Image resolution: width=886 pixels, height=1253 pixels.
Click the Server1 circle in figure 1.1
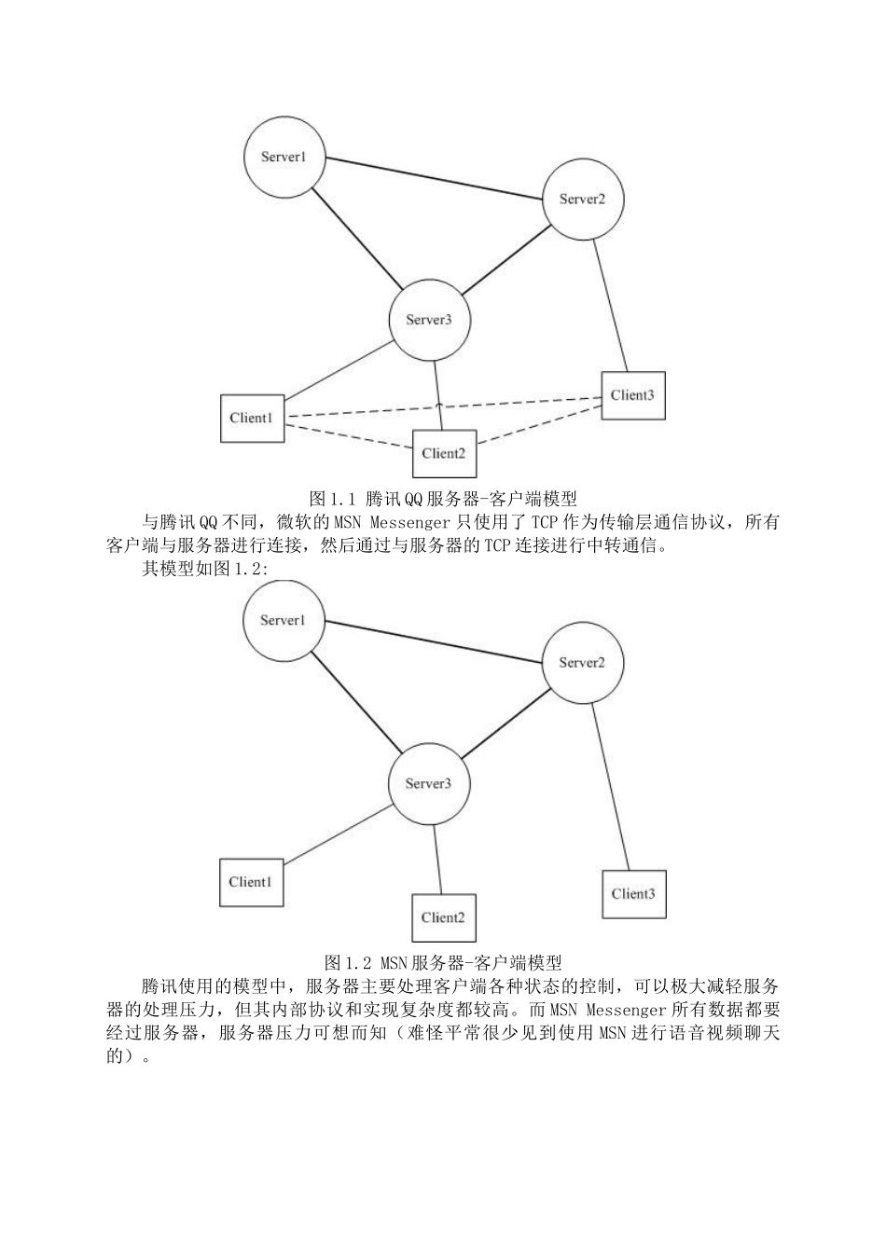(284, 157)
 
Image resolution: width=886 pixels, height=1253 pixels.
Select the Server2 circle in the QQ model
(582, 199)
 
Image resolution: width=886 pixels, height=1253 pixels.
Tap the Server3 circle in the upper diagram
(429, 320)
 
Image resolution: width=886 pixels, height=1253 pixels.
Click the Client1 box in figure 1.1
(252, 418)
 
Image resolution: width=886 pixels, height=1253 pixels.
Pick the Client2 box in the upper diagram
(444, 453)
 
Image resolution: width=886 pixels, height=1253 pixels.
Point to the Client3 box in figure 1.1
(633, 395)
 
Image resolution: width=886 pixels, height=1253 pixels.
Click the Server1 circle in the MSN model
(283, 620)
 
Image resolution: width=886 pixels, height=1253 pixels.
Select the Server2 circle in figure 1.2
(582, 662)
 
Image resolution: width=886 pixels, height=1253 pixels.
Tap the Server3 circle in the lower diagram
(428, 783)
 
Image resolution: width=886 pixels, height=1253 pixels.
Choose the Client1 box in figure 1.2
(251, 882)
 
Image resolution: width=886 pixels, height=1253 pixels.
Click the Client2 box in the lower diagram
(443, 917)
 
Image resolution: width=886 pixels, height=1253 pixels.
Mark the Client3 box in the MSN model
(633, 894)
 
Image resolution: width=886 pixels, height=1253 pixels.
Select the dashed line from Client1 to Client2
(349, 437)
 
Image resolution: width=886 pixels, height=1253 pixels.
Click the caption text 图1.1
(335, 497)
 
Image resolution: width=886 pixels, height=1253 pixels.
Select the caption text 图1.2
(350, 961)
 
